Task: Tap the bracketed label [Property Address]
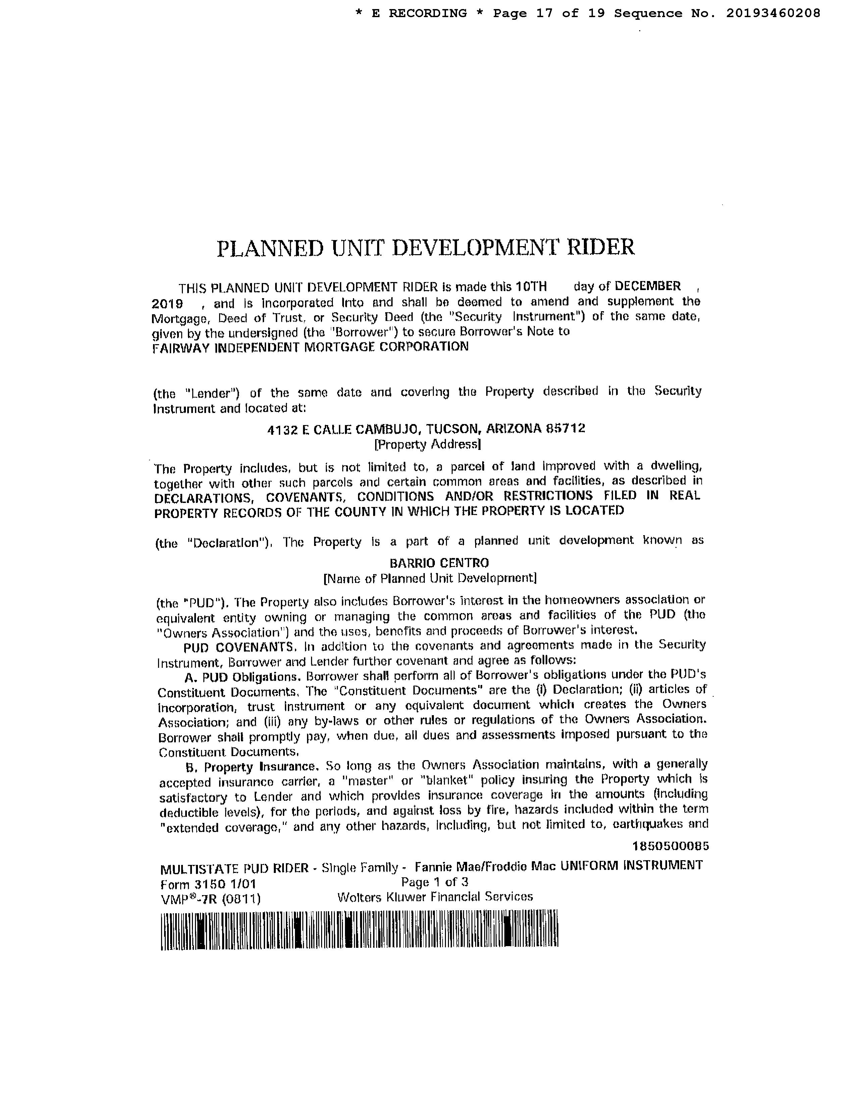click(427, 445)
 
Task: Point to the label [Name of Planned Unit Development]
click(430, 578)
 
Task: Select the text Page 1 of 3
click(435, 882)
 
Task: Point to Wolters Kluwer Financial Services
click(435, 897)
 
